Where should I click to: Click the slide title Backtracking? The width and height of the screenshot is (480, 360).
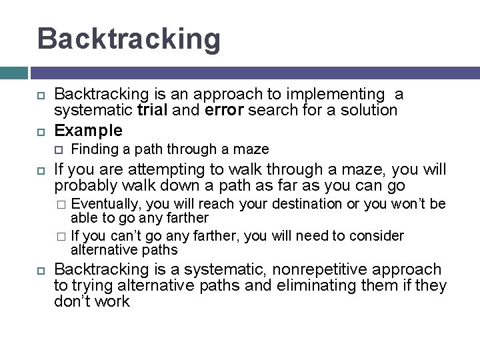tap(129, 38)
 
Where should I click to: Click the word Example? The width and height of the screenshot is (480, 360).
tap(88, 129)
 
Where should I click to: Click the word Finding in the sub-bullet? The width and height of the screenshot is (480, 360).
tap(92, 149)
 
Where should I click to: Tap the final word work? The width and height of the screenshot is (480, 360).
tap(111, 301)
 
